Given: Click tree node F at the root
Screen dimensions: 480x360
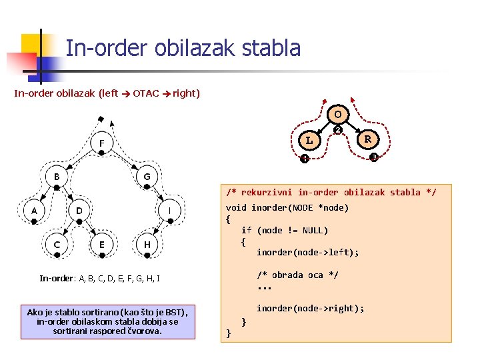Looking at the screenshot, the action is coord(101,143).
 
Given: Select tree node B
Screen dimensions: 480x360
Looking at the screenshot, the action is coord(57,177).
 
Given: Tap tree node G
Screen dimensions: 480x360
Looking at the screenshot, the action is coord(147,177).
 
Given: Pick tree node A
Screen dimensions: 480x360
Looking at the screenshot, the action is coord(34,211).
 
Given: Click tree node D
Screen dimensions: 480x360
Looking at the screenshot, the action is coord(79,211).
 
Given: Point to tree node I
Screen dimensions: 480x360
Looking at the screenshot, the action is coord(169,211).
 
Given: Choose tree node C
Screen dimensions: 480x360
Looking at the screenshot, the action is coord(57,245).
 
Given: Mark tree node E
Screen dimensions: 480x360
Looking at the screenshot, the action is coord(101,245).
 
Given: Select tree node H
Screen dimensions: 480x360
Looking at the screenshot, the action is coord(147,245).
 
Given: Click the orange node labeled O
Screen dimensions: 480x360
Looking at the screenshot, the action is coord(338,114).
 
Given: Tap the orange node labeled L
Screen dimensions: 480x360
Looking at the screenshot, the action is coord(309,141).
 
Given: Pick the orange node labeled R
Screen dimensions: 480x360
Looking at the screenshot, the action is coord(367,140).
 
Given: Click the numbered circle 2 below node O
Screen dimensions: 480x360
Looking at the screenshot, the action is coord(338,129).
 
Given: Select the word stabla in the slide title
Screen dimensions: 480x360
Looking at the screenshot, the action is coord(272,48).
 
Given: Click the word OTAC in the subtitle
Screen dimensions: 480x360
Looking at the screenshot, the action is coord(145,93).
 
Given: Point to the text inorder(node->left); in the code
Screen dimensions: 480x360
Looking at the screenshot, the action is coord(307,252).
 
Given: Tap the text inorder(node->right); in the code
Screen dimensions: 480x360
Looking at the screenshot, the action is coord(310,308).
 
